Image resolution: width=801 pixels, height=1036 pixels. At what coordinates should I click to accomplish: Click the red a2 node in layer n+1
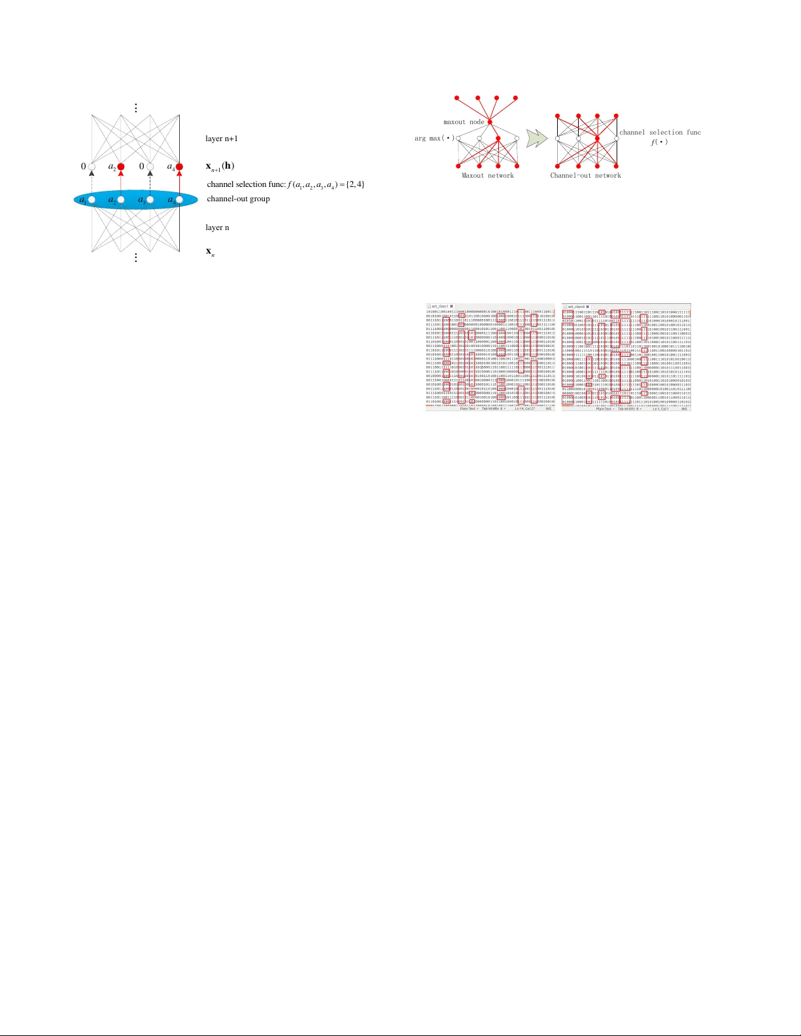click(x=121, y=167)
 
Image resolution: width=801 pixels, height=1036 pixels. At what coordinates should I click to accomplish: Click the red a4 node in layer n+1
click(x=179, y=167)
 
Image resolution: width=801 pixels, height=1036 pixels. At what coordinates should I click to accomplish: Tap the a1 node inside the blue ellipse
click(x=92, y=199)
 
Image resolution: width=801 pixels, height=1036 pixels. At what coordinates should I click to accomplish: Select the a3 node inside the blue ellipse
click(x=150, y=199)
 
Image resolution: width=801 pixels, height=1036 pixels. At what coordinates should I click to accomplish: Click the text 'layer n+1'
click(x=222, y=139)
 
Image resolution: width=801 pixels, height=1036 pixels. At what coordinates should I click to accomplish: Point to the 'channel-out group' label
click(x=238, y=199)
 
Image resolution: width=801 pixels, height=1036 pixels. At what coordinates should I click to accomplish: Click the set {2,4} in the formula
click(x=355, y=184)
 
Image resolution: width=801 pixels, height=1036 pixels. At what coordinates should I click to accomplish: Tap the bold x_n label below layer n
click(x=210, y=252)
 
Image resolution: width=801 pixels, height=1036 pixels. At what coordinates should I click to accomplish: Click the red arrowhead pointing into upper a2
click(x=121, y=175)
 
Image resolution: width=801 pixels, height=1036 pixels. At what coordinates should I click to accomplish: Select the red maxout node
click(x=489, y=122)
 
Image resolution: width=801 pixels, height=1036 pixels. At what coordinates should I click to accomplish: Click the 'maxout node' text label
click(x=464, y=122)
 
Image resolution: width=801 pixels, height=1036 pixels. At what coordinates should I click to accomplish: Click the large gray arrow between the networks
click(x=537, y=138)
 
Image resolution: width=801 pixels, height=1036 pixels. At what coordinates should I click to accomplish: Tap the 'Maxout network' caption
click(x=488, y=175)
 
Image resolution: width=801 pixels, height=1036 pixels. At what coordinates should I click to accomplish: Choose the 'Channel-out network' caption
click(x=585, y=175)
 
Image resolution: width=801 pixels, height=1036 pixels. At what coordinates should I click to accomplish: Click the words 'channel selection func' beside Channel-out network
click(x=660, y=133)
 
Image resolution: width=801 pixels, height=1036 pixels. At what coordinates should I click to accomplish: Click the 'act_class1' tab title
click(x=439, y=306)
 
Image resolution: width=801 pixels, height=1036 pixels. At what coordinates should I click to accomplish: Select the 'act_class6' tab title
click(x=576, y=306)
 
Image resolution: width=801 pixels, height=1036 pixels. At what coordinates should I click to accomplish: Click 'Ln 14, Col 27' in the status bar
click(x=524, y=409)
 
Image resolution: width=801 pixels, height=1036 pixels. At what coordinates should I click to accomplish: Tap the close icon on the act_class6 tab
click(x=587, y=306)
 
